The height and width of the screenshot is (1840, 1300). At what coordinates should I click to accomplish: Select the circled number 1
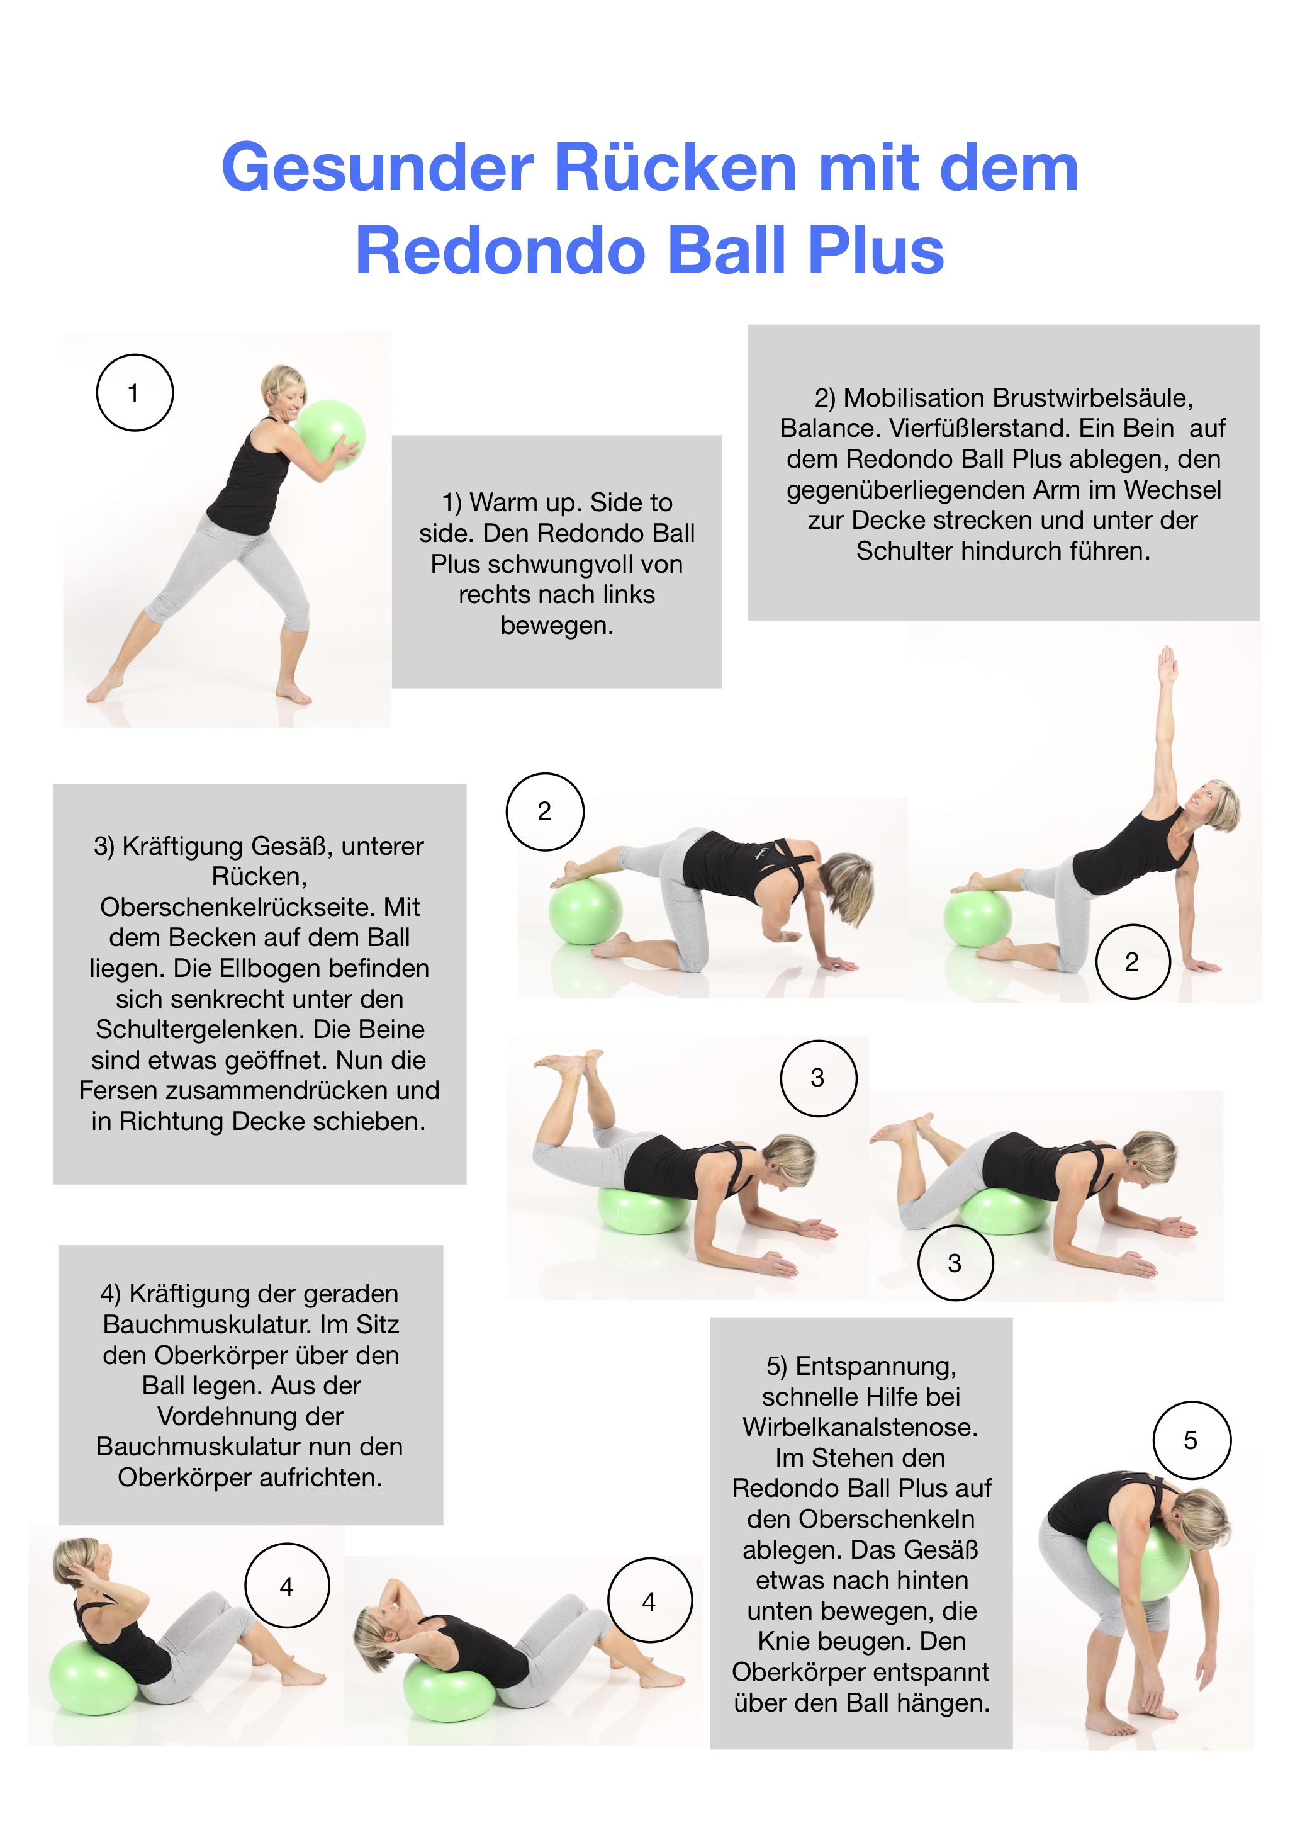[x=135, y=393]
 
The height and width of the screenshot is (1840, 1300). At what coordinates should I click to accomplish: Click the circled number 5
[x=1191, y=1440]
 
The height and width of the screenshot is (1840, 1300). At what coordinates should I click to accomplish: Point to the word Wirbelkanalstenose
[x=860, y=1427]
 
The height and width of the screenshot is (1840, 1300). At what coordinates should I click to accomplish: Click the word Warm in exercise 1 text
[x=504, y=502]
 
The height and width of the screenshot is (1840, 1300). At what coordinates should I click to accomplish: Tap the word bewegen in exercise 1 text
[x=557, y=625]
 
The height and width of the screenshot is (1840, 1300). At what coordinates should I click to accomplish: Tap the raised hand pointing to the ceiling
[x=1168, y=664]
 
